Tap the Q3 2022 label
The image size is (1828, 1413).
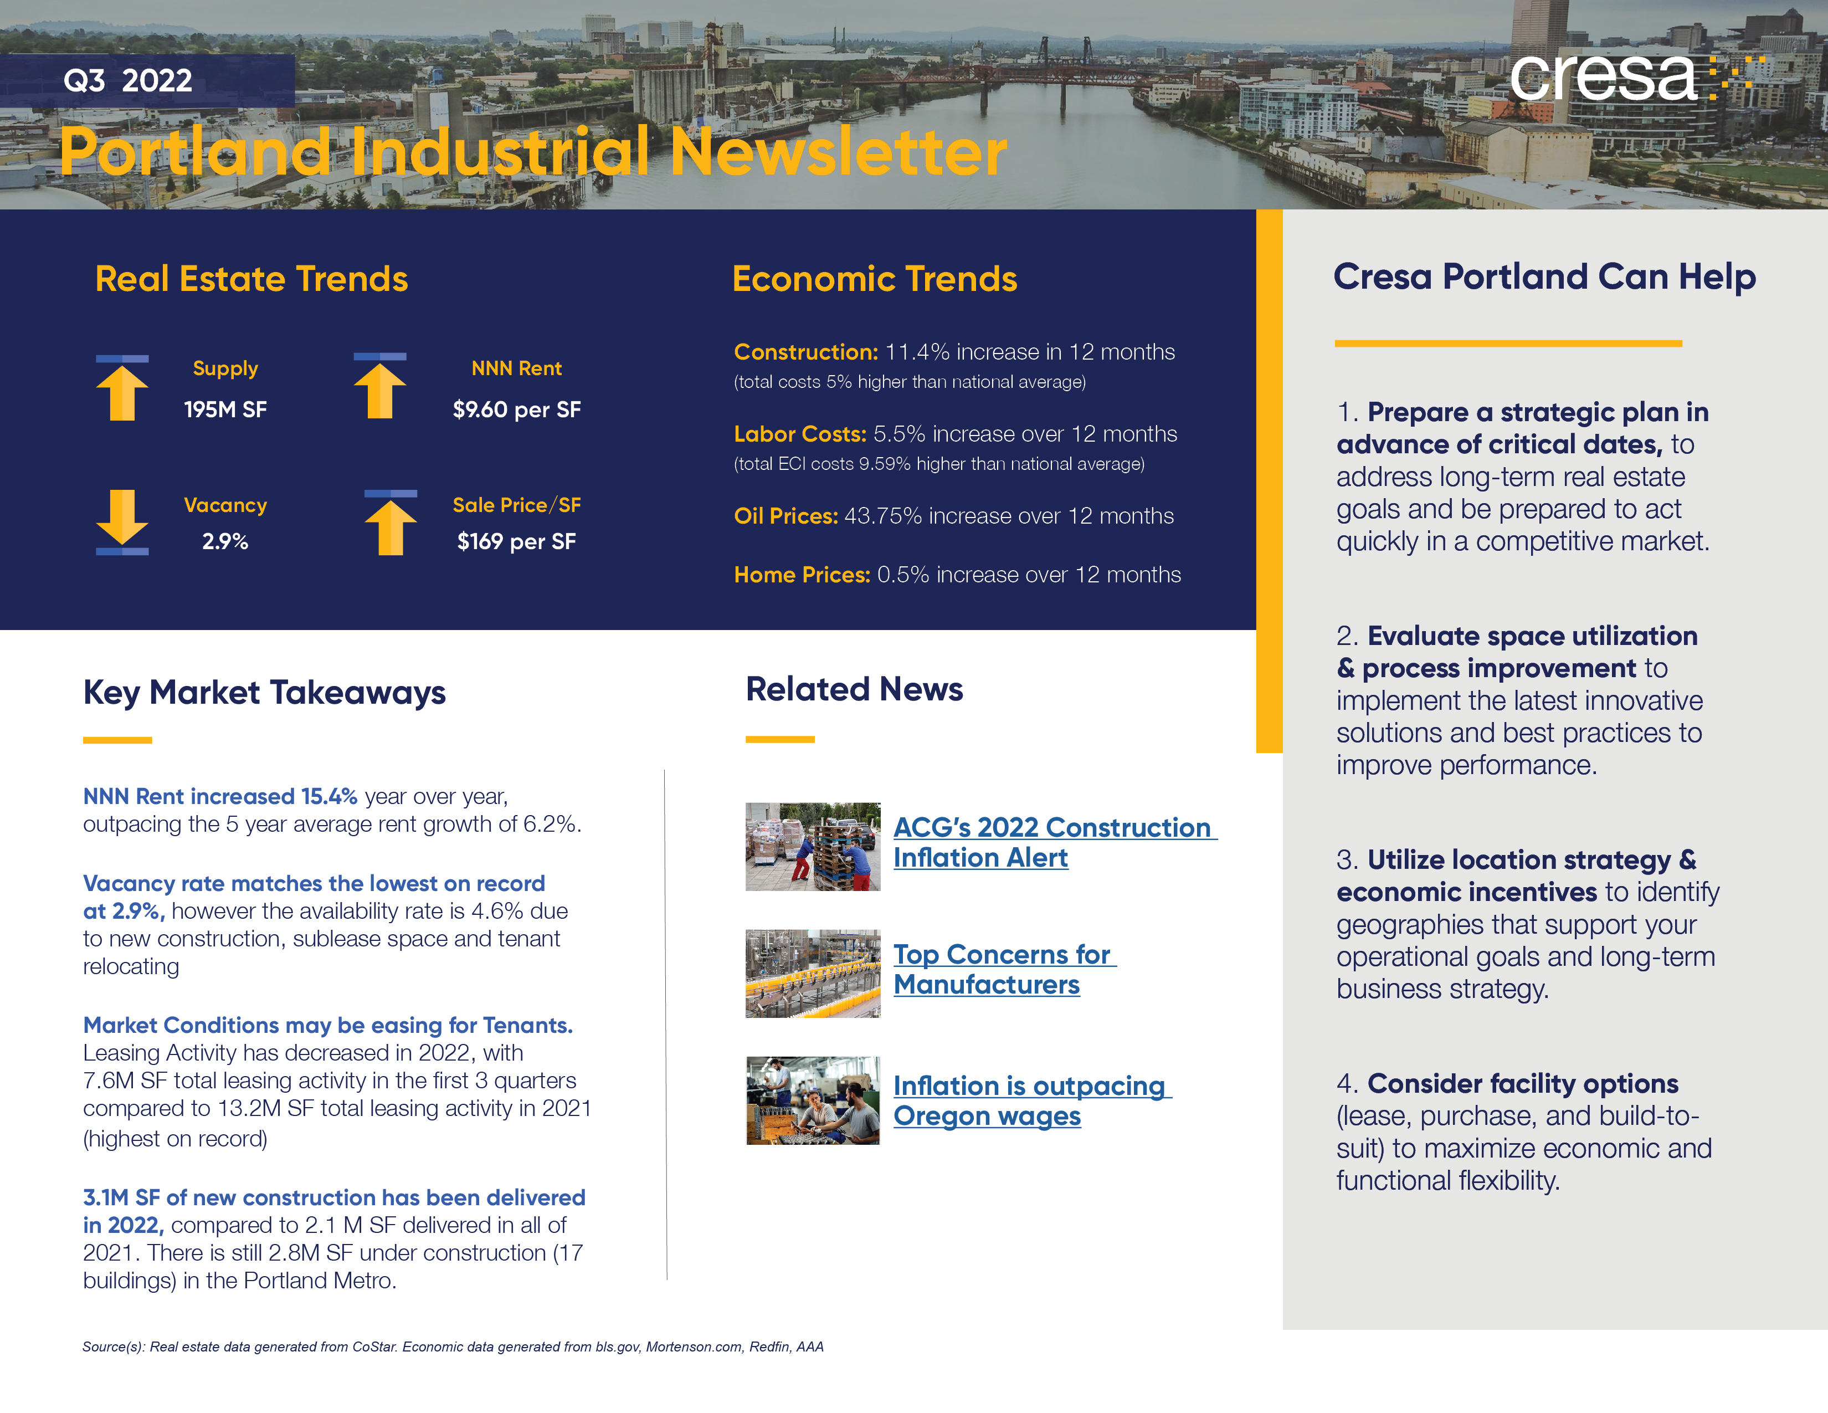127,80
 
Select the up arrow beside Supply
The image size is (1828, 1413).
122,387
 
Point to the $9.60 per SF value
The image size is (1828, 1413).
516,409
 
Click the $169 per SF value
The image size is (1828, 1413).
516,541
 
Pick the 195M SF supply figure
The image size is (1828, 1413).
225,409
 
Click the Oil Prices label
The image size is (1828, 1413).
785,516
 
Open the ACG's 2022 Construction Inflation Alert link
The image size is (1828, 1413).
1053,842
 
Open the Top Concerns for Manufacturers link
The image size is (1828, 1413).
1003,969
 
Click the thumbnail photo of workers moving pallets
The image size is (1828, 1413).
813,846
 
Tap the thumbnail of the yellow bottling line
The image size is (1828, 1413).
813,974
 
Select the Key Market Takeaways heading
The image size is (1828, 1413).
264,692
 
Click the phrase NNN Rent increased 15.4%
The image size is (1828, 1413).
220,796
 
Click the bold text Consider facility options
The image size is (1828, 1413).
1522,1083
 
